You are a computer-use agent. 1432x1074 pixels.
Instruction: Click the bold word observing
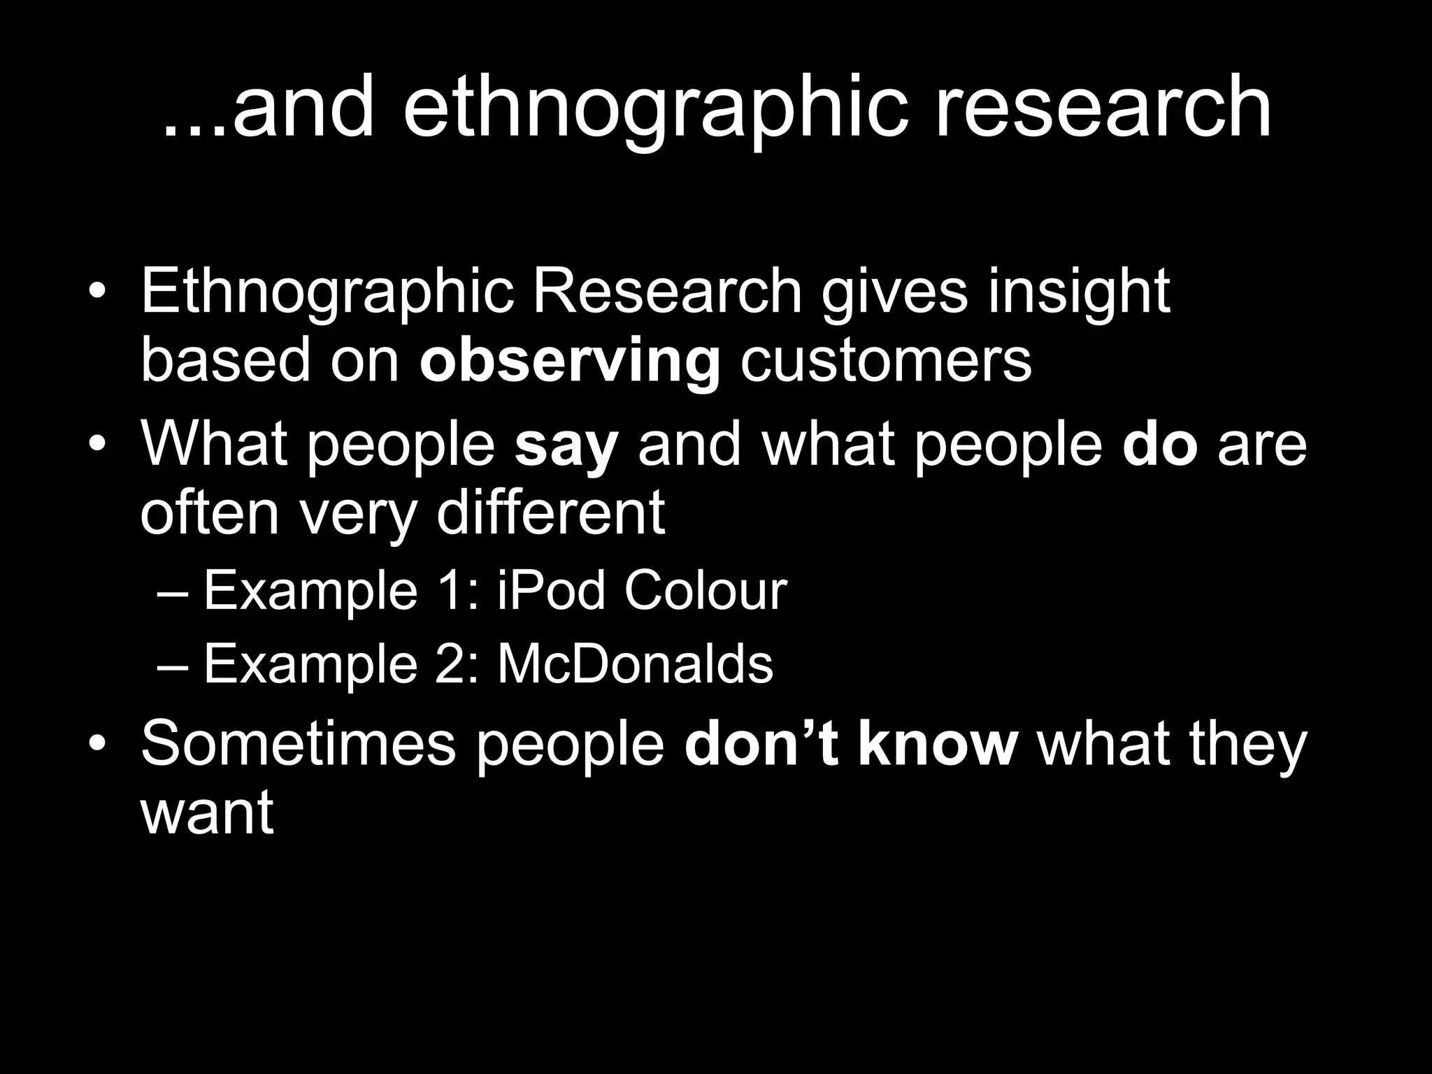tap(570, 362)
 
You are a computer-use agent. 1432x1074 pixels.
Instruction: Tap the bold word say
tap(566, 446)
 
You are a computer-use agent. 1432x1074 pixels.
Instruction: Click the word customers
tap(885, 361)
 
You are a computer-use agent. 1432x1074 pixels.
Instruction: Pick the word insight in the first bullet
tap(1079, 292)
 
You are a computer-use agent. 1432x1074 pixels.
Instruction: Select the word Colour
tap(706, 591)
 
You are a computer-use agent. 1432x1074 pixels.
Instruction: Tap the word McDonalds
tap(635, 664)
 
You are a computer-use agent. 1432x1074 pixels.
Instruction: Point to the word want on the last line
tap(207, 814)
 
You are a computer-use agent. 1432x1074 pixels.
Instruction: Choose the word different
tap(550, 513)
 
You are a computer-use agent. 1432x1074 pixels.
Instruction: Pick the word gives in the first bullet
tap(894, 292)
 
